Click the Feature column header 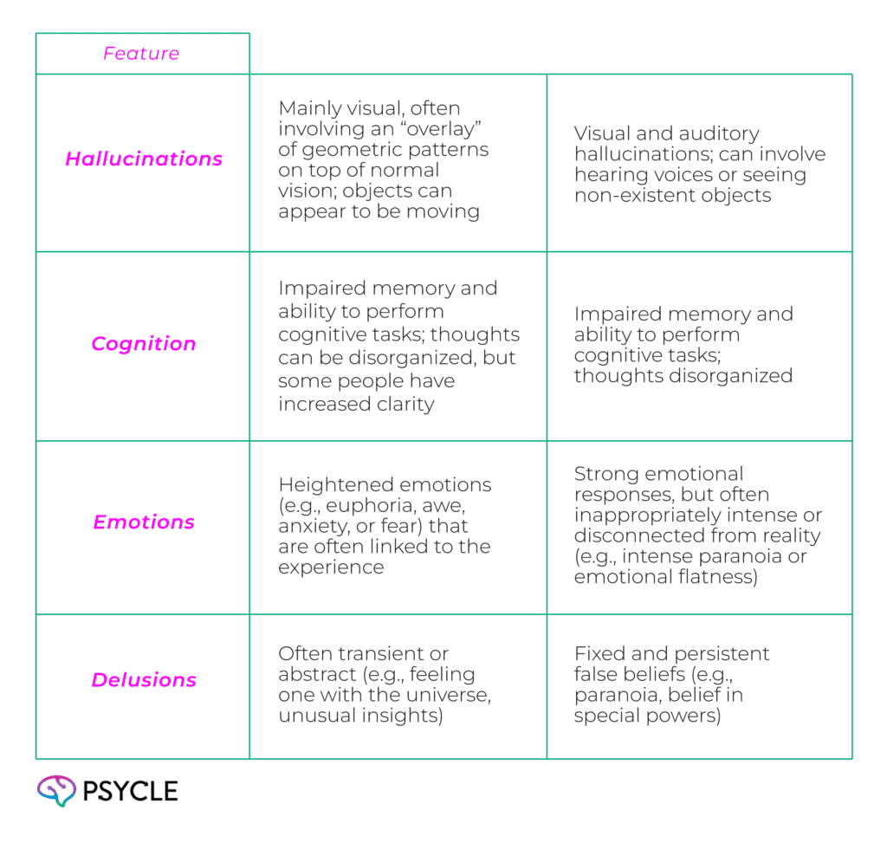pos(141,53)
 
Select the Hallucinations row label pos(144,159)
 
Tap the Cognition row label pos(144,343)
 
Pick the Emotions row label pos(144,522)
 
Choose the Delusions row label pos(144,679)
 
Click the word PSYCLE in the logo pos(130,791)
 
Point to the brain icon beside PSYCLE pos(56,790)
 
